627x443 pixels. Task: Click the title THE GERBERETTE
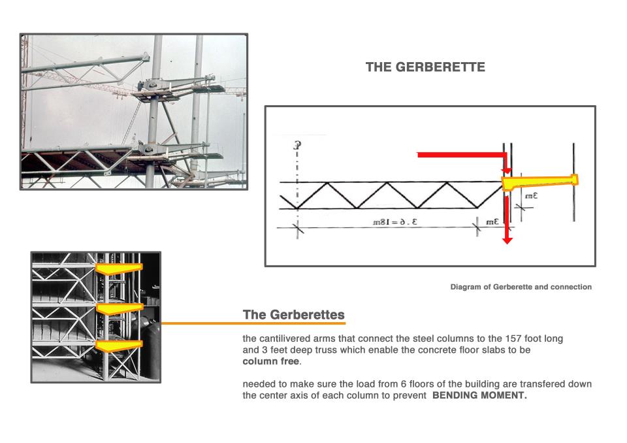tap(425, 67)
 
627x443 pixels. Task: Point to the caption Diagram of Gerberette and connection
tap(521, 287)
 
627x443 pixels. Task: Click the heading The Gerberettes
tap(293, 314)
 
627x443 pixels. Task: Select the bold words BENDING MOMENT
tap(479, 395)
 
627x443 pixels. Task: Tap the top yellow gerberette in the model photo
tap(118, 268)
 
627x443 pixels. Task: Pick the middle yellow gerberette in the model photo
tap(118, 307)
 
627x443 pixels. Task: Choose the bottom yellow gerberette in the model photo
tap(118, 344)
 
